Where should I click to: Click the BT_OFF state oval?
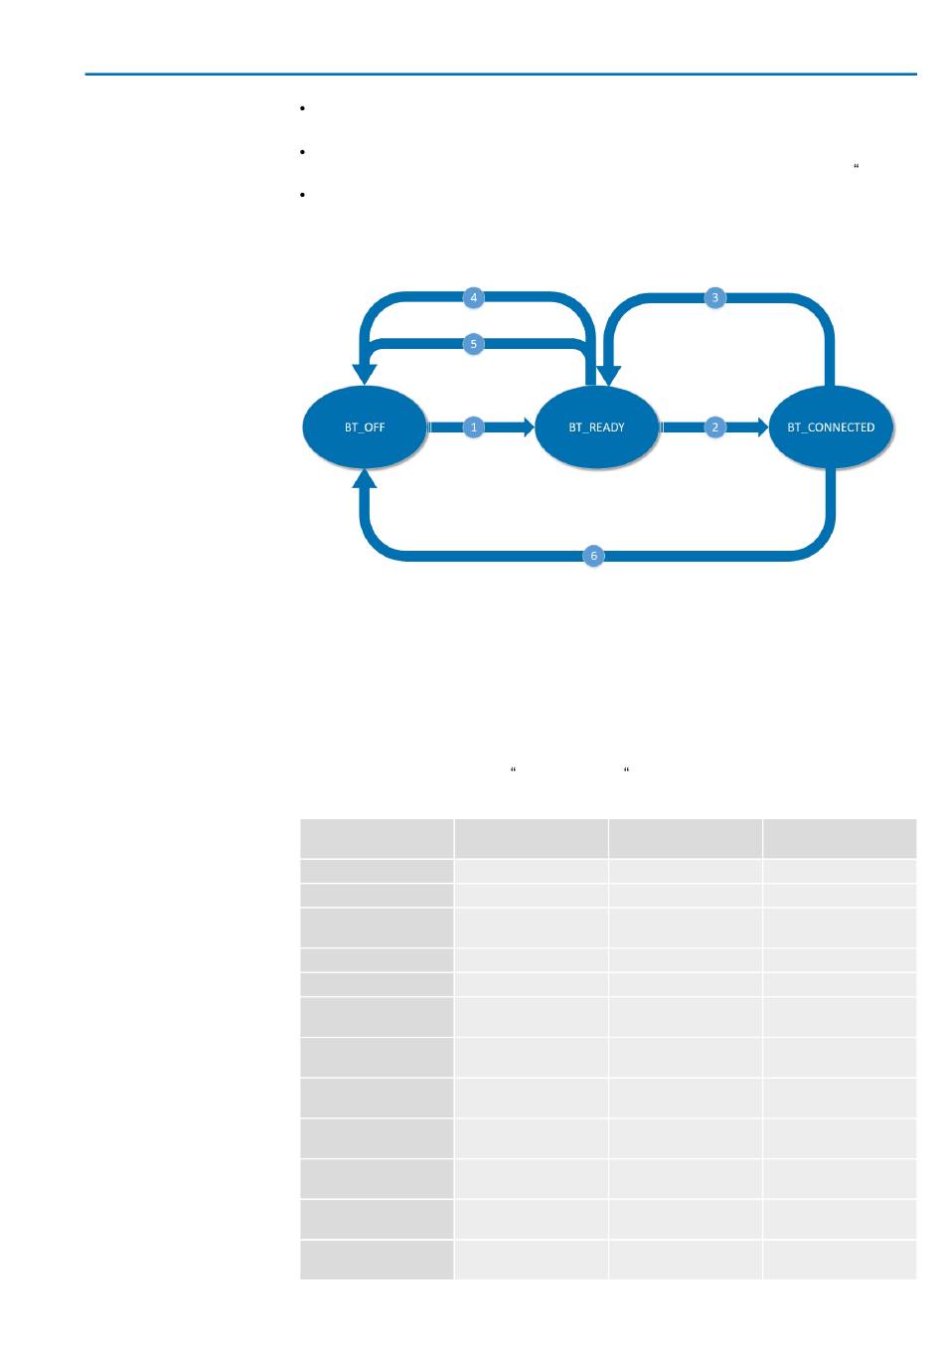[365, 427]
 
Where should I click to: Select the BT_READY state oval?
[597, 427]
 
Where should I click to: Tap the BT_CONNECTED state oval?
[831, 427]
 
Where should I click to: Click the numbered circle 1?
[474, 427]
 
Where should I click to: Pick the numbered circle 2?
[714, 427]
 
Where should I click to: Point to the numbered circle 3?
[714, 297]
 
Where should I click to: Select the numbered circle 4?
[474, 297]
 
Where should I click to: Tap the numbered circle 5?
[474, 344]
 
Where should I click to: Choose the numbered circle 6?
[593, 556]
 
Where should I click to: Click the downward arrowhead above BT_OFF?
[366, 374]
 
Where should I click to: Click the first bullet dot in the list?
[299, 107]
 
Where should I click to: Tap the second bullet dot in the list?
[299, 151]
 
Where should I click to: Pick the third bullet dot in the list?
[299, 195]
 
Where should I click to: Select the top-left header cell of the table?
[377, 838]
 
